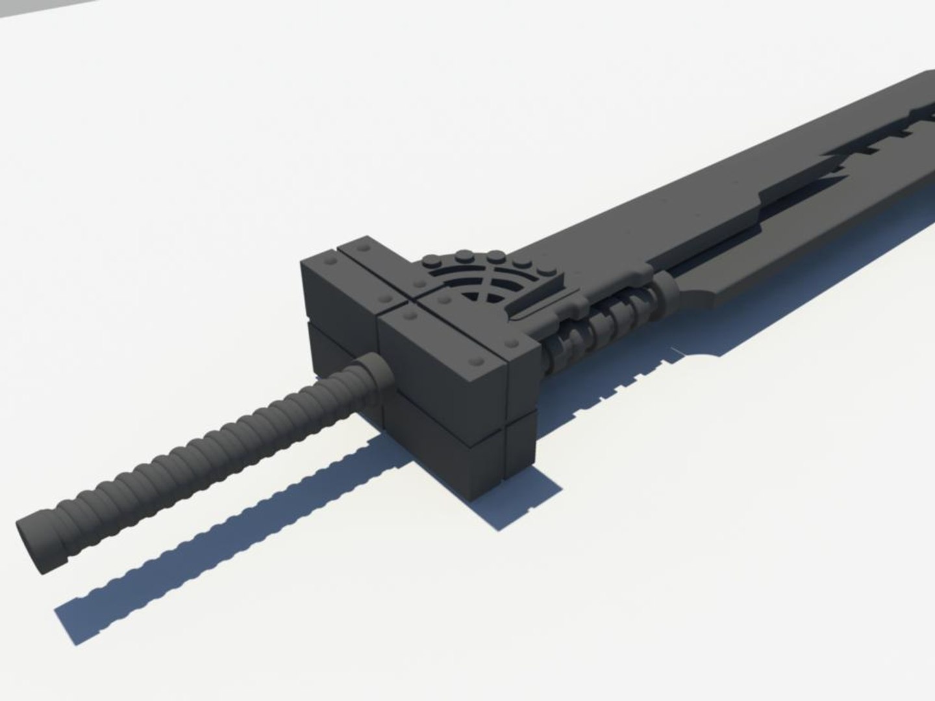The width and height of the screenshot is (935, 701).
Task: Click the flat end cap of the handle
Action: point(29,545)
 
